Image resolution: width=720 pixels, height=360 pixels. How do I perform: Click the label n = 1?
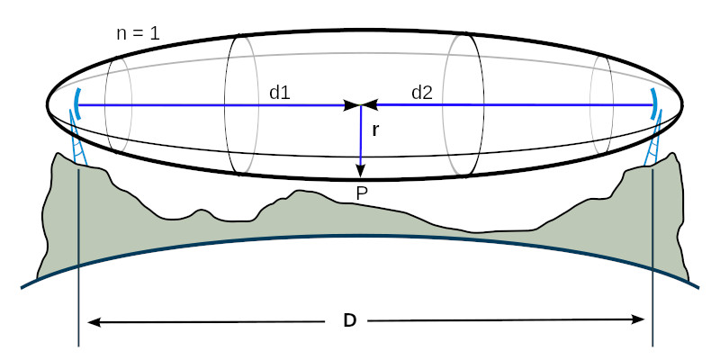139,34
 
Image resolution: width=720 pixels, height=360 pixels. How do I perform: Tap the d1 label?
280,93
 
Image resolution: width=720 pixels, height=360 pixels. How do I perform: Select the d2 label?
422,93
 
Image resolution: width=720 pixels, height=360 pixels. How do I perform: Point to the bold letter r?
375,130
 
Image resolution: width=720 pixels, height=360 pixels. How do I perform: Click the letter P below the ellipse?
362,194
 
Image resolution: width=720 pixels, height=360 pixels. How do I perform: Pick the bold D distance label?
350,321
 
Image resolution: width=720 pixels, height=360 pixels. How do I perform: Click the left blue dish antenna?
78,104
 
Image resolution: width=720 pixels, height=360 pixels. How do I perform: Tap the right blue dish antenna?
654,104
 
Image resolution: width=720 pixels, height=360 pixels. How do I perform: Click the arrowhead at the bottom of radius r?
361,170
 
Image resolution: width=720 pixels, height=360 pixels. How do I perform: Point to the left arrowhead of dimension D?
94,321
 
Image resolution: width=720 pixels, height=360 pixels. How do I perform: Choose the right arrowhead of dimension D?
638,320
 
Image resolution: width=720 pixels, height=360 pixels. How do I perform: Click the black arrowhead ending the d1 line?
353,105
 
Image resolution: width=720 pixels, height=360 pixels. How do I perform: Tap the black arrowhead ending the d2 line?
369,105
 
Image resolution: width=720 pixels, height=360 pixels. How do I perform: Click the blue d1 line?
213,105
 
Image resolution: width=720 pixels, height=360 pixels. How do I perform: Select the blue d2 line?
514,105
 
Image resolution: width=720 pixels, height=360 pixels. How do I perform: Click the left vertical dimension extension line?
78,257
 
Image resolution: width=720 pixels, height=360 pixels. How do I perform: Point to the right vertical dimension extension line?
652,257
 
